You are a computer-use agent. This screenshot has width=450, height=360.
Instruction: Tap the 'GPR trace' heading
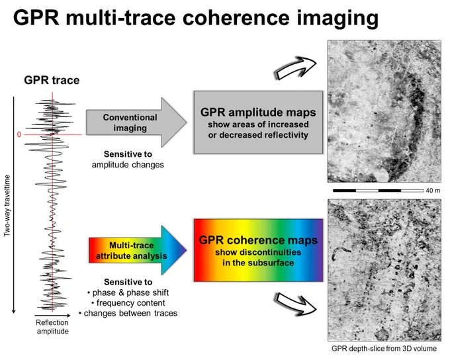(x=52, y=80)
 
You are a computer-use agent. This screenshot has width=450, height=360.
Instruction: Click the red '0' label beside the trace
(x=19, y=134)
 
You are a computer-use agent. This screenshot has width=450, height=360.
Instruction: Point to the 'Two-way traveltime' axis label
(x=7, y=206)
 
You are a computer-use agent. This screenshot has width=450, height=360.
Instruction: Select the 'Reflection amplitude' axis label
(x=52, y=327)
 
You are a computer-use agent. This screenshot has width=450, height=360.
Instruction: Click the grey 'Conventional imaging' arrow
(x=136, y=122)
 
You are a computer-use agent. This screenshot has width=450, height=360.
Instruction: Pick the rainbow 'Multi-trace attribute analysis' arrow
(x=138, y=250)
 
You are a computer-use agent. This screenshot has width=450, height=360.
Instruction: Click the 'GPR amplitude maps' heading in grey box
(x=258, y=112)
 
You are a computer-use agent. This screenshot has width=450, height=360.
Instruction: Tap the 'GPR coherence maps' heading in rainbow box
(x=258, y=240)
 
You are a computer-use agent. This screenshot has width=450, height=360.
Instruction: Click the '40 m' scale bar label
(x=433, y=191)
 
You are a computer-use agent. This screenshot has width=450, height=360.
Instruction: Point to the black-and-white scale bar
(x=379, y=191)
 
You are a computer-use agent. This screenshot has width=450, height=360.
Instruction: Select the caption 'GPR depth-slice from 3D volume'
(x=384, y=349)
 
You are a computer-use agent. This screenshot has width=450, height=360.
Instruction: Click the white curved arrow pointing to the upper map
(x=296, y=69)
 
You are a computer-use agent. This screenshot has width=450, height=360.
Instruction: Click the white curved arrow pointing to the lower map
(x=296, y=304)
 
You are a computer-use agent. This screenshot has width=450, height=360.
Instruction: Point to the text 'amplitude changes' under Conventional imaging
(x=128, y=165)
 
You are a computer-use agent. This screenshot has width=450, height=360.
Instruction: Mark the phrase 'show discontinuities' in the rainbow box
(x=258, y=252)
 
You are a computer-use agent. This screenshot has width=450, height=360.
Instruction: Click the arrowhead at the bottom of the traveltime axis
(x=13, y=312)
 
